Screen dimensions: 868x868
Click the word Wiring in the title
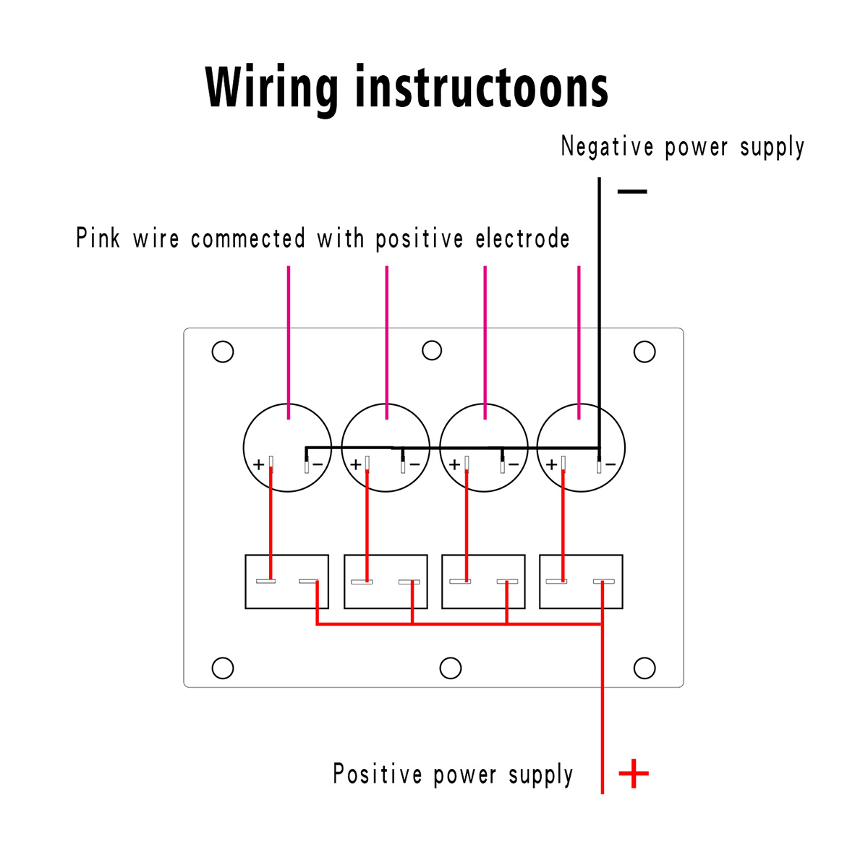[x=271, y=88]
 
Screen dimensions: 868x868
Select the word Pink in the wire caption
[x=98, y=237]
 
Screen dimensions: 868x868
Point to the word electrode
[x=522, y=238]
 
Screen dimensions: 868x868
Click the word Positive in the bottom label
[x=378, y=774]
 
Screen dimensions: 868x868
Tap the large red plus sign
[x=634, y=773]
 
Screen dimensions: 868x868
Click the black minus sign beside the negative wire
[x=632, y=192]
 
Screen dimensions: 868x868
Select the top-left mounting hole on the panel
[x=223, y=352]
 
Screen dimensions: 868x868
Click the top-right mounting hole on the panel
[x=644, y=352]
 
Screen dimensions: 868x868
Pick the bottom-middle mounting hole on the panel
[x=450, y=668]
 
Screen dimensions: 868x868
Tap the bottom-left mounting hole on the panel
[x=223, y=668]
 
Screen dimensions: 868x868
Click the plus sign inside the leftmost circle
[x=258, y=464]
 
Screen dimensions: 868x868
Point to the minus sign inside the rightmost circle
[x=610, y=464]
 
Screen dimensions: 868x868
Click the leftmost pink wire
[x=289, y=342]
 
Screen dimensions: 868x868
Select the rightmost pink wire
[x=579, y=342]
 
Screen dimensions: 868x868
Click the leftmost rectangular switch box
[x=286, y=582]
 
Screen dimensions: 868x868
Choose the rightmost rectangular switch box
[x=581, y=582]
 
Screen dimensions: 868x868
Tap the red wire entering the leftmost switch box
[x=271, y=524]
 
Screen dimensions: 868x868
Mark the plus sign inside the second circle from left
[x=356, y=464]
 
